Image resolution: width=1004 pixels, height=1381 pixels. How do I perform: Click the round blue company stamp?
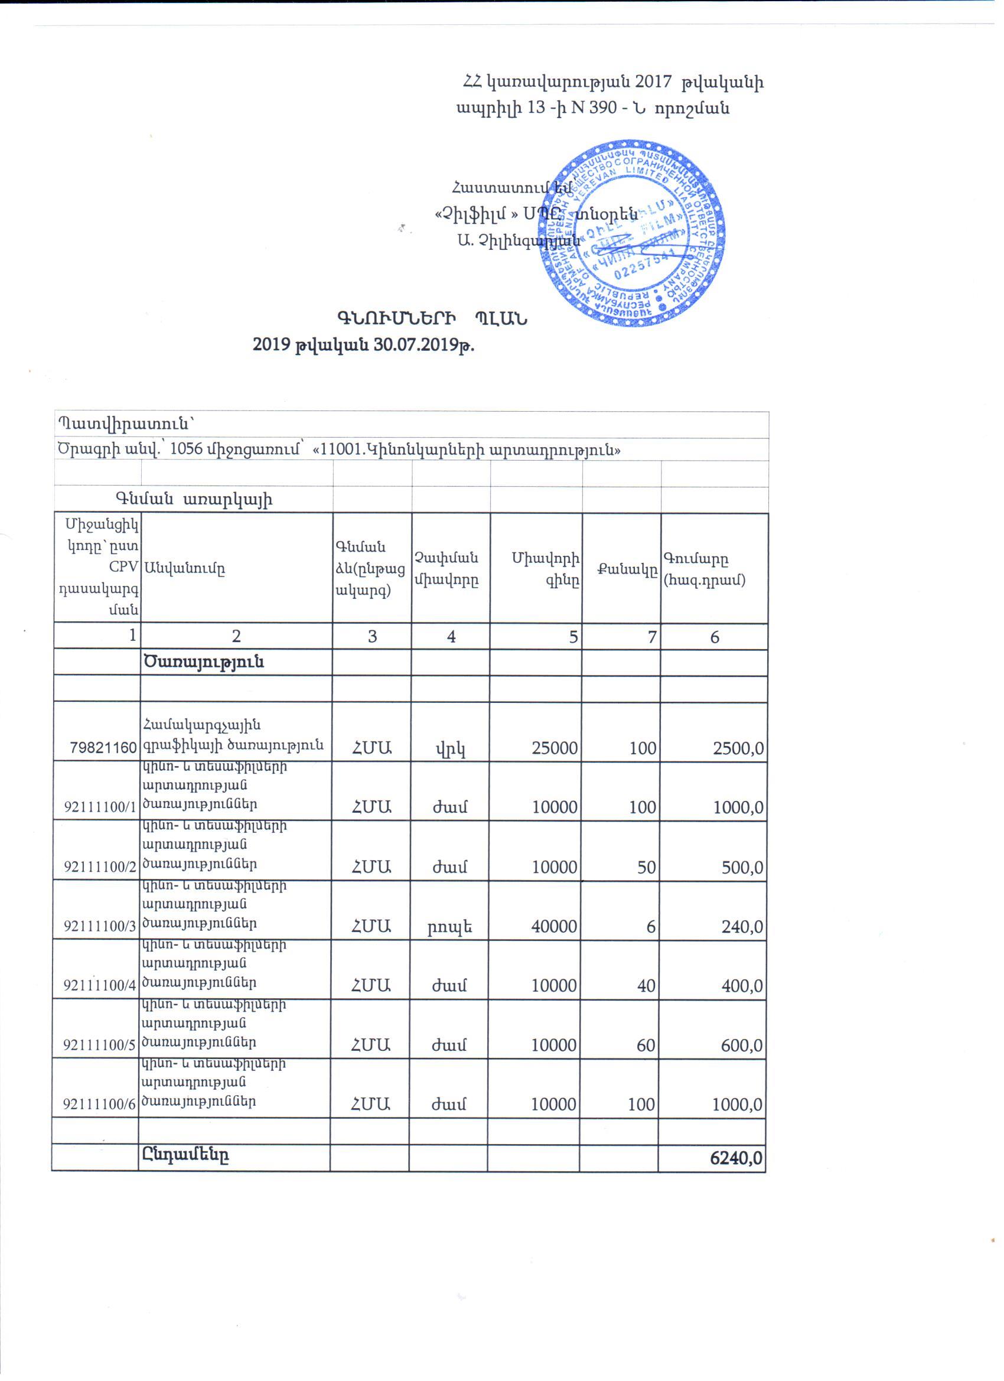631,233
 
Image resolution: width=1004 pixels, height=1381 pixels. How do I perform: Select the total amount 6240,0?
736,1158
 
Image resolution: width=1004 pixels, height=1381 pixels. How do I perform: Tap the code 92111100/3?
100,927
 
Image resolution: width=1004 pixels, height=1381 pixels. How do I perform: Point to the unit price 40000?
554,926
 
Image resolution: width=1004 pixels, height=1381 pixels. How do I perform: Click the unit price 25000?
554,747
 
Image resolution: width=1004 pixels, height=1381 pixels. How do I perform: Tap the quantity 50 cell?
646,867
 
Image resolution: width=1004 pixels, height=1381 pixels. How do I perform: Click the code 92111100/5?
99,1045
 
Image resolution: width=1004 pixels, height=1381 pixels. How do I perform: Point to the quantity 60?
646,1045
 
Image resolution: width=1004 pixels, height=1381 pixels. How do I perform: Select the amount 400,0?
742,986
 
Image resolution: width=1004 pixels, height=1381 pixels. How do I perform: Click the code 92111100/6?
99,1105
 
